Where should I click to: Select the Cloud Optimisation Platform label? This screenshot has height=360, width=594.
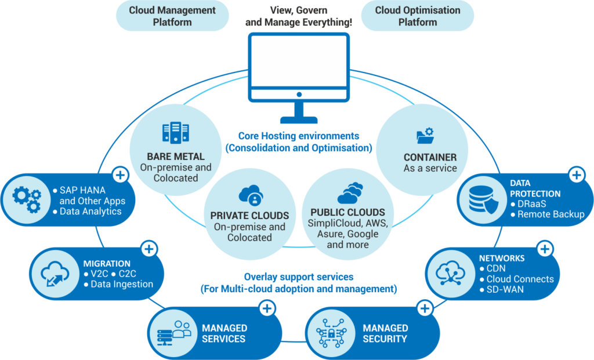[x=418, y=16]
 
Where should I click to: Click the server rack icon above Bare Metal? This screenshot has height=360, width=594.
[x=175, y=133]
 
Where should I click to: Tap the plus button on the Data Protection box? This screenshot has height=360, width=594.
[x=576, y=174]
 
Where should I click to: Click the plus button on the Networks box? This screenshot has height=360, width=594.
[x=545, y=249]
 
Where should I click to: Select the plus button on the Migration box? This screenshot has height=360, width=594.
[x=149, y=249]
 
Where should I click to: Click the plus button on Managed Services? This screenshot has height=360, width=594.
[x=267, y=308]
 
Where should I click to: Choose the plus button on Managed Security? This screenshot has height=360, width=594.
[x=425, y=308]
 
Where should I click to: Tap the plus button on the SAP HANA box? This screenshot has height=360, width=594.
[x=120, y=174]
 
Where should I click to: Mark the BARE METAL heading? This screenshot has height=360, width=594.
[x=175, y=157]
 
